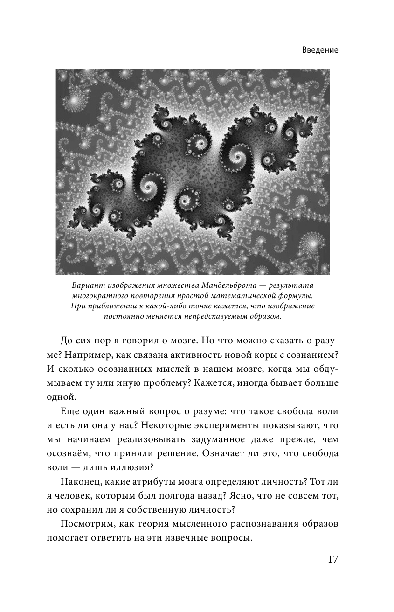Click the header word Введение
(x=319, y=50)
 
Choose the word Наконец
(x=82, y=483)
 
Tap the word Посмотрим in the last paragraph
(x=87, y=524)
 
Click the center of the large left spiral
(x=150, y=187)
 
